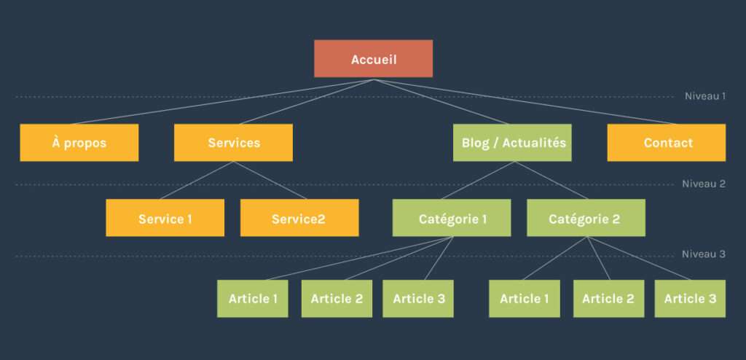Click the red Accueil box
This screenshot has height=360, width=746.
click(373, 58)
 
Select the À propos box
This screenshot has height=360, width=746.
click(79, 142)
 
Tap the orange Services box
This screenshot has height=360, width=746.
click(233, 142)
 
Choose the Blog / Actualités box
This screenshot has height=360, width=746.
click(512, 142)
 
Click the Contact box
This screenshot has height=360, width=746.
click(666, 142)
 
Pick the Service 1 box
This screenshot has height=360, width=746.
click(165, 218)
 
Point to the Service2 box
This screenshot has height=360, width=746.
click(299, 218)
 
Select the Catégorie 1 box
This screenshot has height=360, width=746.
click(452, 218)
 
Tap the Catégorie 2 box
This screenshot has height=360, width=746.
click(586, 218)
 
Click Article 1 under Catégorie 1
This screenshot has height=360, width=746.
click(252, 299)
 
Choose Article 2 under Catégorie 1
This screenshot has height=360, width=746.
click(337, 299)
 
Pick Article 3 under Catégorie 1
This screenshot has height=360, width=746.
click(418, 299)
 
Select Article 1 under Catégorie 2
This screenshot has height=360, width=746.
click(525, 299)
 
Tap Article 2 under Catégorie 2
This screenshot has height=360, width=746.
click(608, 299)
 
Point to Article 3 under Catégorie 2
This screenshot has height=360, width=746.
click(690, 299)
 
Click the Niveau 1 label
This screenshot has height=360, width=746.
click(704, 95)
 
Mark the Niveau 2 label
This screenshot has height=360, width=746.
click(703, 184)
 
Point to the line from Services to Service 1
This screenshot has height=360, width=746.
click(197, 180)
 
